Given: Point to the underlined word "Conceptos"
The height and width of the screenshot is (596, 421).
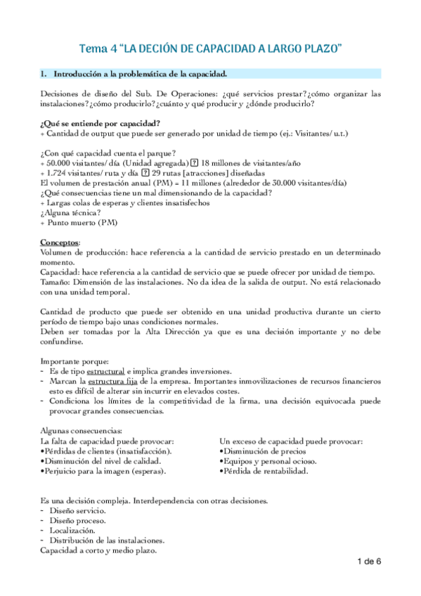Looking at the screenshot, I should [x=60, y=242].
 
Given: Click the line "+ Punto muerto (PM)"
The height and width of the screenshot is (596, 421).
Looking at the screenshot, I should [x=79, y=223].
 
